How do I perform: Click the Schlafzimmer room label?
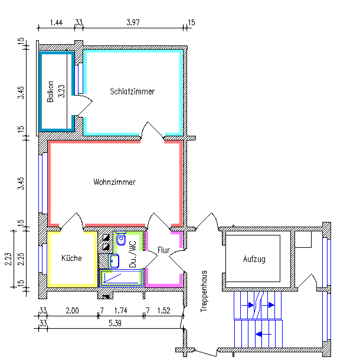132,91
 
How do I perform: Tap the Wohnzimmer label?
114,182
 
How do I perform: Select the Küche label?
71,258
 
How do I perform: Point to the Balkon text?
51,91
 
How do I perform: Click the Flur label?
163,251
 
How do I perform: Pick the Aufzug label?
254,259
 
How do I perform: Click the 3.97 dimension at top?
133,22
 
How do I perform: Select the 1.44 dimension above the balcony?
56,22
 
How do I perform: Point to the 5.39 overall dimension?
115,323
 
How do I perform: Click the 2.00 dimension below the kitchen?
71,310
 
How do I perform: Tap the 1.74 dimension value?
120,310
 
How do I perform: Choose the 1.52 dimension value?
163,310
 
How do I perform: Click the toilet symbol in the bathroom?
121,240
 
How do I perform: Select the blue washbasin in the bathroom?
115,260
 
